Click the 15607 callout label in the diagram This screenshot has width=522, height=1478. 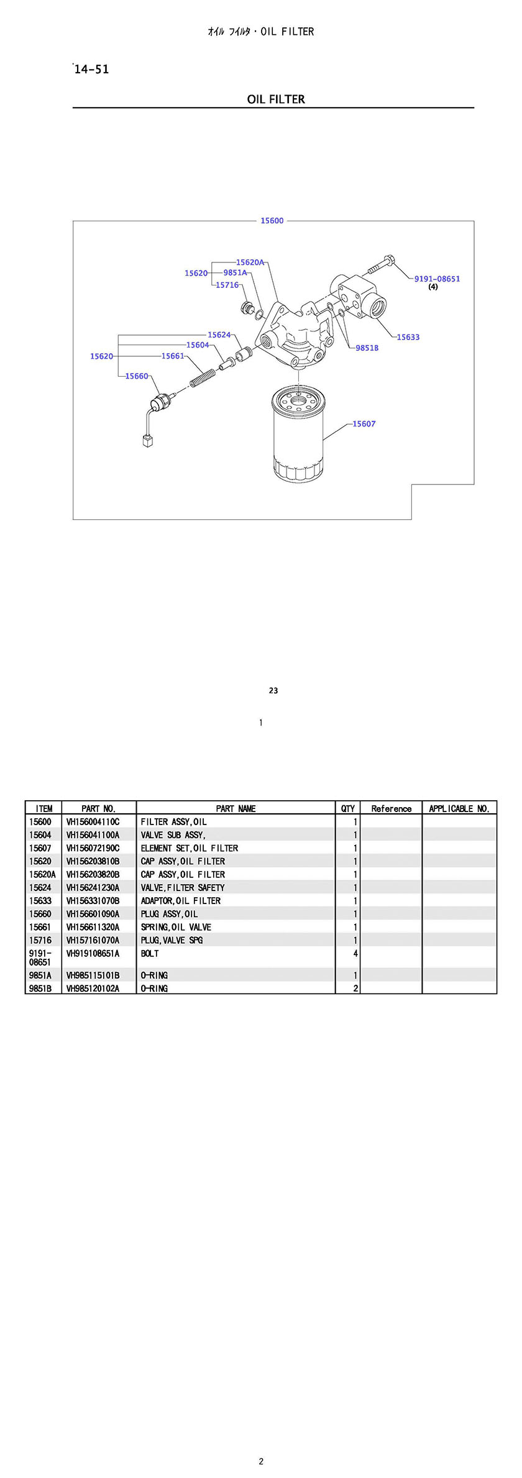click(x=364, y=424)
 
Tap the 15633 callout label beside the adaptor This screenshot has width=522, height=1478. click(x=408, y=337)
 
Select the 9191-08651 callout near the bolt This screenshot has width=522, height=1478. click(x=437, y=279)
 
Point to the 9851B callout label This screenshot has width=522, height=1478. click(x=367, y=348)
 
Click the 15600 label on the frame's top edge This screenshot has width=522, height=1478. click(x=272, y=221)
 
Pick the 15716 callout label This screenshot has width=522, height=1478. click(x=227, y=285)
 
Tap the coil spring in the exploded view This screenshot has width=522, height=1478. click(x=204, y=377)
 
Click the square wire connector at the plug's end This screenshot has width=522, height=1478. click(x=148, y=442)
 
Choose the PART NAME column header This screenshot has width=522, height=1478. click(x=236, y=808)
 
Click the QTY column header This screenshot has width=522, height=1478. click(x=347, y=808)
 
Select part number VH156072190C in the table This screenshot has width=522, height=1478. click(x=93, y=848)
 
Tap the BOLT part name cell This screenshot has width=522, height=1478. click(x=150, y=953)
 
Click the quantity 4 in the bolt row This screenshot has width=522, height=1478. click(x=355, y=953)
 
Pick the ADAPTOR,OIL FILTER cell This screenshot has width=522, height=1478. click(x=180, y=900)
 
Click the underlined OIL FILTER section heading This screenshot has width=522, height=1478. click(x=276, y=99)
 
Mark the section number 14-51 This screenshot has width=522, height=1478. click(x=91, y=70)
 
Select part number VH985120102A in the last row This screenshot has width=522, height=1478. click(x=93, y=988)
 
